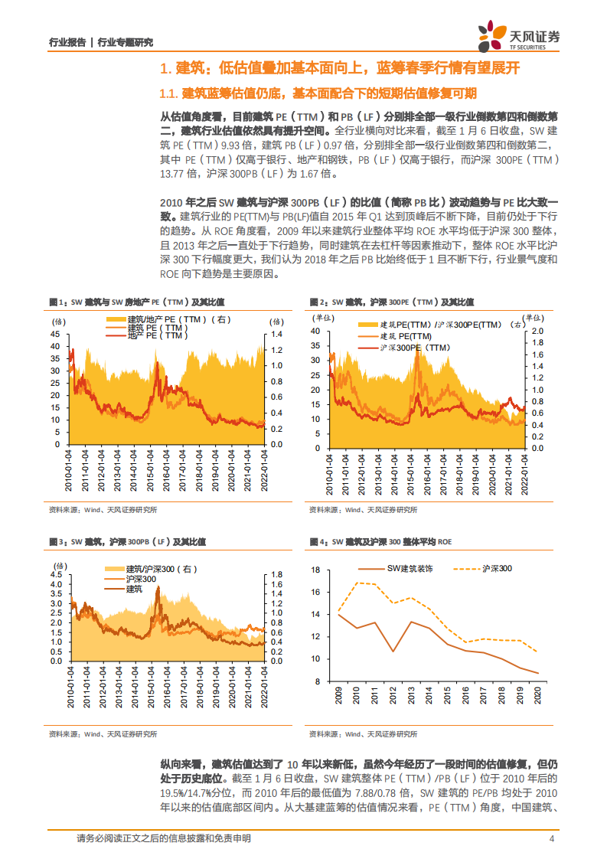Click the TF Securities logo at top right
tap(518, 36)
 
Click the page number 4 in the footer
tap(552, 838)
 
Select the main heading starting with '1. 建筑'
tap(339, 69)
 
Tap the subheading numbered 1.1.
tap(318, 93)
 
